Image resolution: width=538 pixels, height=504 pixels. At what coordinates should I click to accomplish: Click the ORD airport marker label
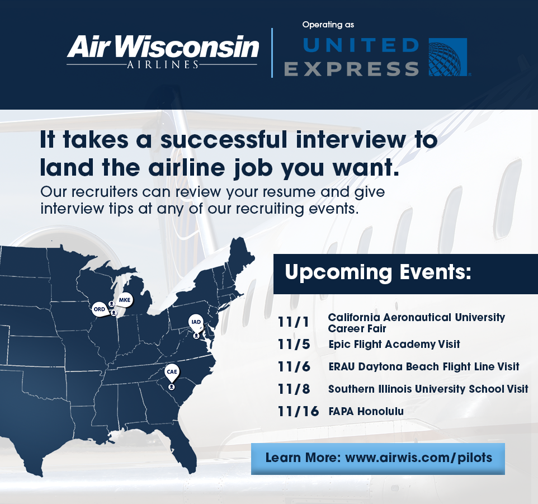[100, 309]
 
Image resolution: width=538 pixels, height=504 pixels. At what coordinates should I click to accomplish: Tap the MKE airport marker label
[125, 300]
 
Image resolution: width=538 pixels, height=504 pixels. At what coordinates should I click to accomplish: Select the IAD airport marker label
[196, 322]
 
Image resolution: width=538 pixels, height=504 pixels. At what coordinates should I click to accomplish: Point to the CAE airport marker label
[172, 372]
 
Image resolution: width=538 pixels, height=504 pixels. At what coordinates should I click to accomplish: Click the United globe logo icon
[448, 57]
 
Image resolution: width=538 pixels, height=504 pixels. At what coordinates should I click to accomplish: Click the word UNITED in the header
[361, 45]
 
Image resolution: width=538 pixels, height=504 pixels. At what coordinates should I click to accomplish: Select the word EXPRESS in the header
[351, 69]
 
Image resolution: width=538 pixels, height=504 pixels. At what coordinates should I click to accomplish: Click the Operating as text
[328, 25]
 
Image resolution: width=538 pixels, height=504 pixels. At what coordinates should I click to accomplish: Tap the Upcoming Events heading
[378, 272]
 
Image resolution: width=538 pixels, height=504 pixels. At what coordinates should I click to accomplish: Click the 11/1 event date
[294, 322]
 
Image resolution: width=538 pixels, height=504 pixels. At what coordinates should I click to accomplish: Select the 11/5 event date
[294, 344]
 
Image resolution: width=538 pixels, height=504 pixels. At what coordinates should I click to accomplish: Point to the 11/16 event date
[298, 411]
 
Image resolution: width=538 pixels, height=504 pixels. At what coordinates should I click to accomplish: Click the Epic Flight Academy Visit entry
[394, 344]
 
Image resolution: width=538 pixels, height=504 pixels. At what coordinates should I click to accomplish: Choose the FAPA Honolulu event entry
[366, 411]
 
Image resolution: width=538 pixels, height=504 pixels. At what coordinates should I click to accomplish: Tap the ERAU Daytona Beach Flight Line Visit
[424, 366]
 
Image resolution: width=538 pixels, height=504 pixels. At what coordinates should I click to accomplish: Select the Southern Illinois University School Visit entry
[428, 389]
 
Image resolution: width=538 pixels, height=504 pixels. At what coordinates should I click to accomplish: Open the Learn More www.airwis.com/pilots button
[377, 459]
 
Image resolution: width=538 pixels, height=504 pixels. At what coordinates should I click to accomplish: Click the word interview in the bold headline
[351, 140]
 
